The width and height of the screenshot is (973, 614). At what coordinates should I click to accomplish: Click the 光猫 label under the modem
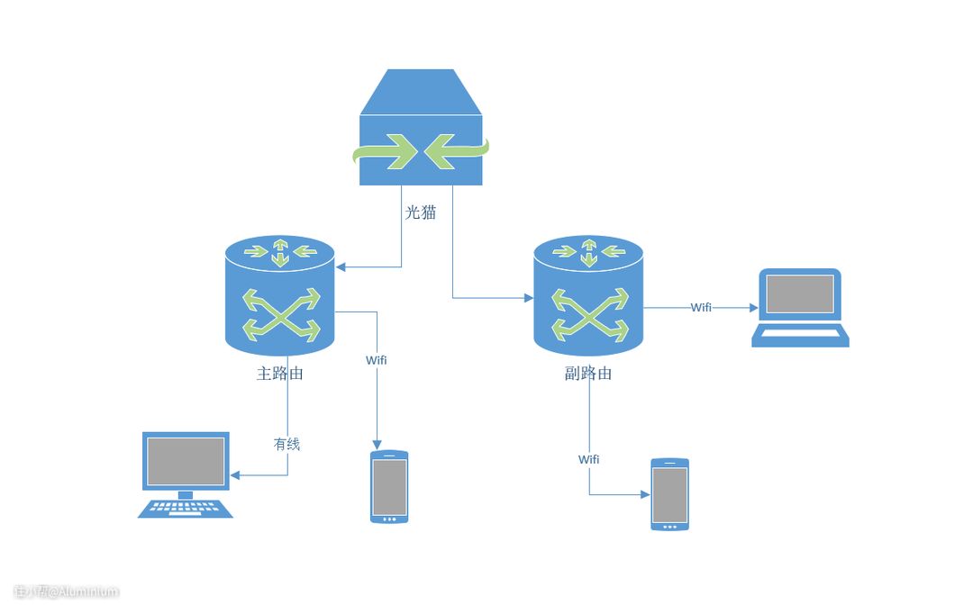(421, 212)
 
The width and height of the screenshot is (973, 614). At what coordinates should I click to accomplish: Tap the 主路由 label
(279, 373)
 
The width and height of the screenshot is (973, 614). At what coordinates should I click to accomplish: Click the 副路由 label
(588, 373)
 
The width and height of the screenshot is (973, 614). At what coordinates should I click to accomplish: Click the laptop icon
(800, 307)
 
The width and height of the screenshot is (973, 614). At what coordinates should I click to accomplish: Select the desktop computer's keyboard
(186, 508)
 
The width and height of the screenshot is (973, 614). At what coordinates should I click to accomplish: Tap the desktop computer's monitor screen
(186, 461)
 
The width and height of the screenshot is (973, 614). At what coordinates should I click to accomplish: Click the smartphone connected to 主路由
(389, 486)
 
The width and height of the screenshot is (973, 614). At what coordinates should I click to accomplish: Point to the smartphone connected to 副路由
(669, 494)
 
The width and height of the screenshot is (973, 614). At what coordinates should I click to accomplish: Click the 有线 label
(287, 444)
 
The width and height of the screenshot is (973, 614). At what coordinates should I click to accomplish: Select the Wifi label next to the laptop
(701, 307)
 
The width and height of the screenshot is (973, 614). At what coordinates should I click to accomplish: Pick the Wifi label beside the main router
(377, 360)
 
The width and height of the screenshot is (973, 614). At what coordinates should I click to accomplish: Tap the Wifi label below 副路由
(589, 459)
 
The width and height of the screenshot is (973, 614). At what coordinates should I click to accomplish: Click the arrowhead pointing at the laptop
(754, 307)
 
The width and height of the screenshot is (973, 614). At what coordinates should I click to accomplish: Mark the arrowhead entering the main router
(340, 267)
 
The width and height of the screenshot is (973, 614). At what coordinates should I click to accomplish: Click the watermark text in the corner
(67, 591)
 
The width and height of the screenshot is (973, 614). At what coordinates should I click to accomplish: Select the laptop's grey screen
(800, 293)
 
